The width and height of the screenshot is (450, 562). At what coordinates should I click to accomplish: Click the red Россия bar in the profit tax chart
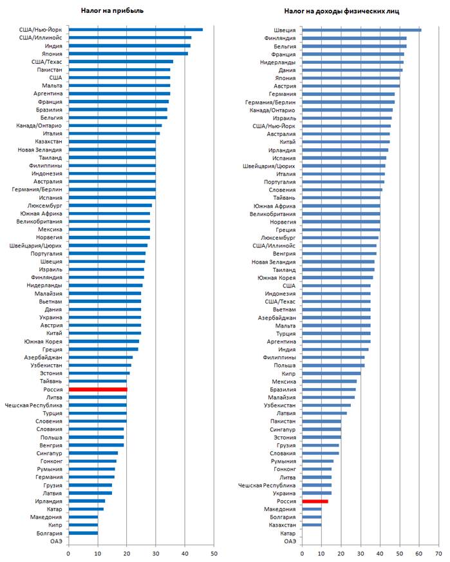(98, 389)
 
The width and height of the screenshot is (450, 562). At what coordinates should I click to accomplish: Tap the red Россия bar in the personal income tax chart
(315, 501)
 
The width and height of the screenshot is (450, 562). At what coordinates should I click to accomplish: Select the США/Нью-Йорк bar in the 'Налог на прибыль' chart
(135, 30)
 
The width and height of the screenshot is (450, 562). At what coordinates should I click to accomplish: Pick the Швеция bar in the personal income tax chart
(361, 30)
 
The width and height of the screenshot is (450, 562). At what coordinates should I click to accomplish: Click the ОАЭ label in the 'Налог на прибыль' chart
(55, 541)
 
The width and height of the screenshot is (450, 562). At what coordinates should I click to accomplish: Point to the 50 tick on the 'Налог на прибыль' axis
(214, 552)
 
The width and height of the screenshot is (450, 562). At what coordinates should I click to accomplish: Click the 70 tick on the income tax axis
(439, 552)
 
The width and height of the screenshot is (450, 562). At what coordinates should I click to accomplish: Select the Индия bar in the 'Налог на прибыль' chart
(129, 46)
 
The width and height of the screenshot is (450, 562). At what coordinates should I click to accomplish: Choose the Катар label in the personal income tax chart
(288, 533)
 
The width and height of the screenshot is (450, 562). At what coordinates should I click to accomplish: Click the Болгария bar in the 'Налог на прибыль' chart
(83, 533)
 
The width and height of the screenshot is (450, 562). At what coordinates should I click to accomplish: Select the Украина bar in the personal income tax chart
(316, 493)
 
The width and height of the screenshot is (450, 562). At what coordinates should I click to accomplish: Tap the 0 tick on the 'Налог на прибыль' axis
(68, 552)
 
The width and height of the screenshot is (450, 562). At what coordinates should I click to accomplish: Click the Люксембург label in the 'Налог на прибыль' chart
(46, 206)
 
